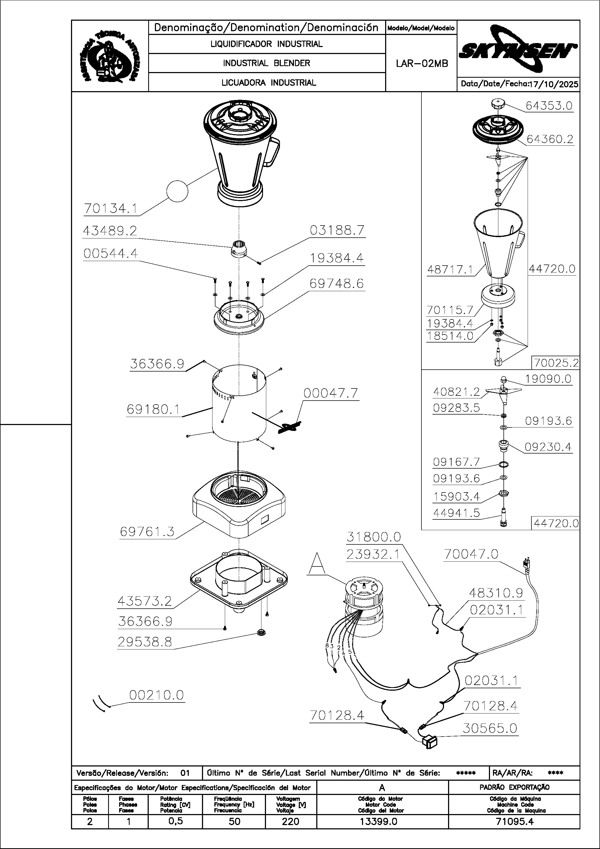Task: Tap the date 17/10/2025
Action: point(553,84)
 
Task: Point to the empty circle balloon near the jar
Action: point(177,191)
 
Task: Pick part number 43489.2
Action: point(110,231)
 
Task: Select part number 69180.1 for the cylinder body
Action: point(153,409)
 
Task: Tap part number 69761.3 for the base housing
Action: point(147,532)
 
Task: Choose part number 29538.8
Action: point(145,642)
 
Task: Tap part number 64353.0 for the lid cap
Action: point(549,106)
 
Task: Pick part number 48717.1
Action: point(450,270)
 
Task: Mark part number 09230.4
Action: point(548,447)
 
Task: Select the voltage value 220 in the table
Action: point(290,822)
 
